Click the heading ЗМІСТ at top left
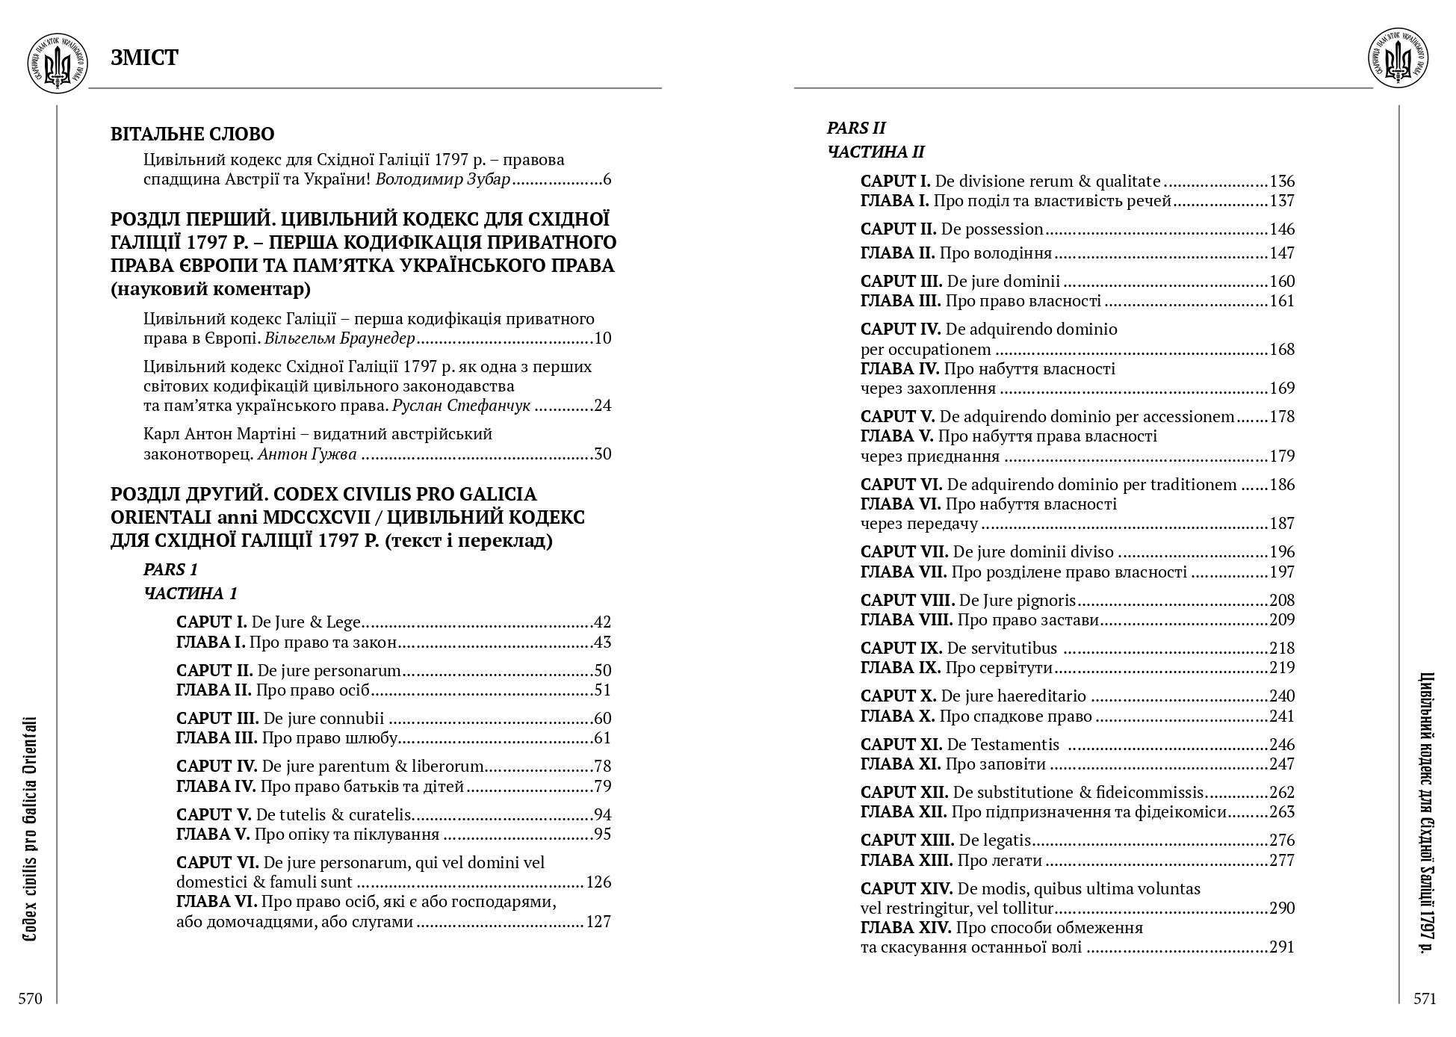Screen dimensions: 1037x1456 point(144,58)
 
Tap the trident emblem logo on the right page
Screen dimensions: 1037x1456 point(1398,59)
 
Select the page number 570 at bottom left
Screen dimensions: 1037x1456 point(31,999)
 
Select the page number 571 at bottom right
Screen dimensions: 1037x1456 point(1425,999)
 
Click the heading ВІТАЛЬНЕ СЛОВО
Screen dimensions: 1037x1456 point(193,134)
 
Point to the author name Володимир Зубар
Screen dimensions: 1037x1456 point(442,179)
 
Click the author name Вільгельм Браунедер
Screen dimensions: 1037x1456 point(339,338)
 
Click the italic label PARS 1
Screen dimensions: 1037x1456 point(170,569)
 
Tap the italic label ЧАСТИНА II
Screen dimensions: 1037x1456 point(876,152)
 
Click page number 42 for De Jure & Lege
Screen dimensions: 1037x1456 point(602,622)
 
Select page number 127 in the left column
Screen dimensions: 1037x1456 point(598,922)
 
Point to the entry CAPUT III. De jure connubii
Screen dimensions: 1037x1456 point(280,719)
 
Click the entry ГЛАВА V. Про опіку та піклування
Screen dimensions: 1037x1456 point(307,835)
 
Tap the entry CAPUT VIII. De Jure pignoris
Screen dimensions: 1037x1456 point(967,601)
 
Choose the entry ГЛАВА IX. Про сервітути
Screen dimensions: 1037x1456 point(956,668)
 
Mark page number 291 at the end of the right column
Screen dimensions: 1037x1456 point(1282,948)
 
